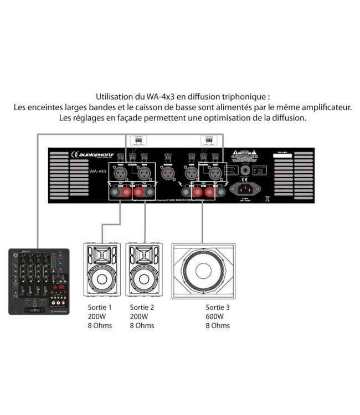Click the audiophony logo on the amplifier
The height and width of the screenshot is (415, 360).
89,156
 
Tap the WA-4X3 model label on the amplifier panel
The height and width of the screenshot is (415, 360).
81,171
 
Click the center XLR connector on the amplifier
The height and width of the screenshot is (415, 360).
167,173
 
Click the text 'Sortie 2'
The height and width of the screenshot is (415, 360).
141,307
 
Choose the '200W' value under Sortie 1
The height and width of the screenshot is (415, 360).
96,317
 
